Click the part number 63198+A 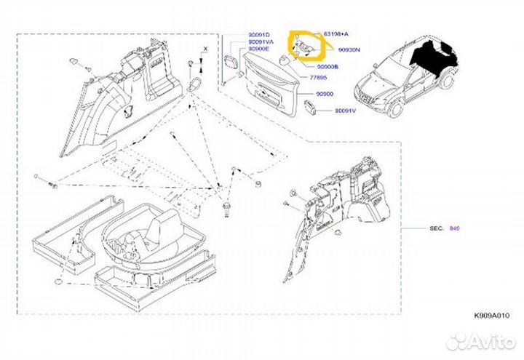coord(335,34)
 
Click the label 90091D coord(258,34)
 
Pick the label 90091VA coord(261,42)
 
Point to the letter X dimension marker coord(205,48)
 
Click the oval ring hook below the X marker coord(194,86)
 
